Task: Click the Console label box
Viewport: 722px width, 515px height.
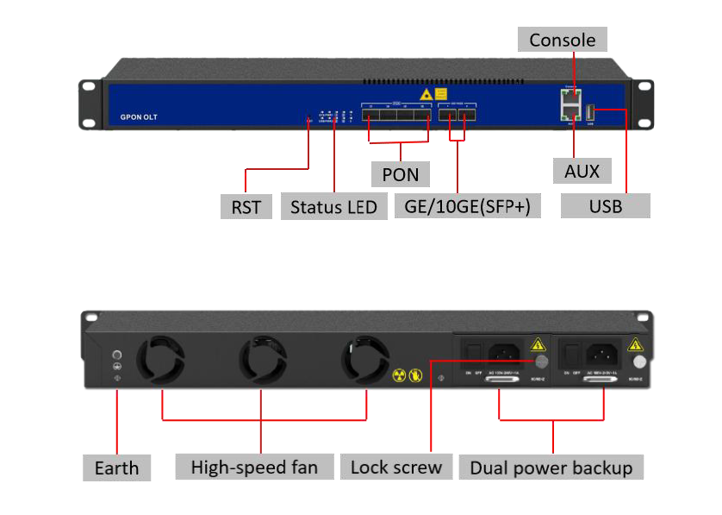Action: coord(562,40)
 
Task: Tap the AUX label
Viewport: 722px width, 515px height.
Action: coord(582,170)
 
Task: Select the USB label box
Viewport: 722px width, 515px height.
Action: coord(605,205)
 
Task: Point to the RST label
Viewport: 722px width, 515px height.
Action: coord(246,206)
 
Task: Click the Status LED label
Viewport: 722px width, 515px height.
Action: coord(333,207)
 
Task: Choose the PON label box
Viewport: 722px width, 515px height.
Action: coord(400,174)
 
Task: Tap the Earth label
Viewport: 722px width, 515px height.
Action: coord(116,468)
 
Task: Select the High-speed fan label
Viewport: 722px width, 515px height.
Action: coord(254,467)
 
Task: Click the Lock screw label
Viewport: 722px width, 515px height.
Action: coord(396,467)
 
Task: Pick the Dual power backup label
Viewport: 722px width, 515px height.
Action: coord(551,468)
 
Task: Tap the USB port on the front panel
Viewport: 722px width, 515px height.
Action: coord(591,112)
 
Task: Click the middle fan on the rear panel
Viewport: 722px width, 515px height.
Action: coord(263,361)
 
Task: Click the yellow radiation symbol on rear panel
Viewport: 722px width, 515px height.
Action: coord(399,375)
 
